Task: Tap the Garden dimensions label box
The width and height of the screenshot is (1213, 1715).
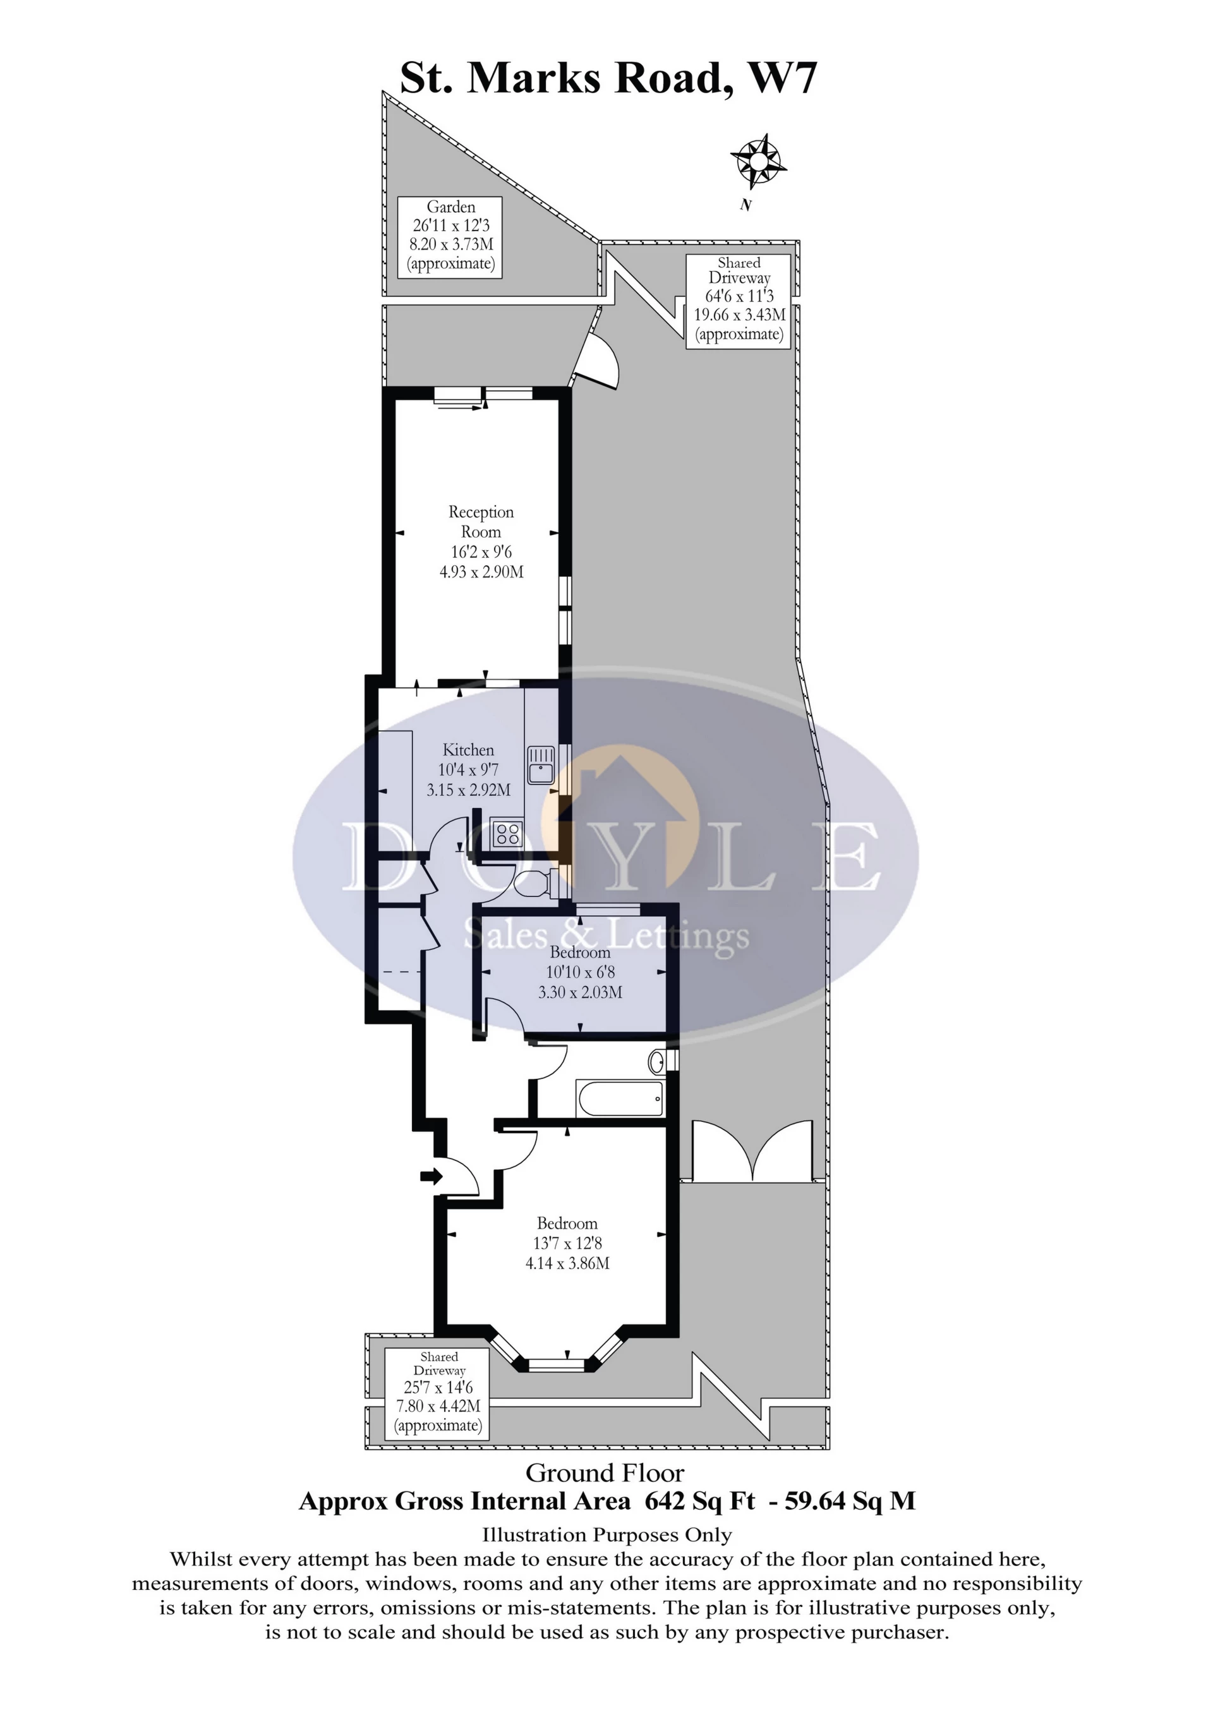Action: [450, 237]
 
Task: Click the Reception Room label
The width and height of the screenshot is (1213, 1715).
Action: [481, 521]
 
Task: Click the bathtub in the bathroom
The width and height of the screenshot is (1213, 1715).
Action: [620, 1098]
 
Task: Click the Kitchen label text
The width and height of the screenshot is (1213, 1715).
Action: [468, 750]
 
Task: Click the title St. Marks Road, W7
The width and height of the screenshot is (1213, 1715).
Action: [609, 77]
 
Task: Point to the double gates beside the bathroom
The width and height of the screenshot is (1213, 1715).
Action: [753, 1151]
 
